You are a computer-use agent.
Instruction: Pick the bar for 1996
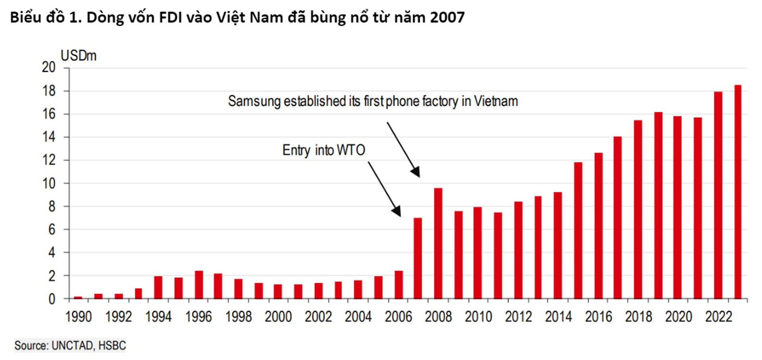[199, 285]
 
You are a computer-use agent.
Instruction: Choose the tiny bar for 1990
[78, 297]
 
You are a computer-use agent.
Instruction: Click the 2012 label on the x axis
[518, 317]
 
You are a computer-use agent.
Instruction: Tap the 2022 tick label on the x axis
[718, 317]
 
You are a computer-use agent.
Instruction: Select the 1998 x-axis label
[239, 317]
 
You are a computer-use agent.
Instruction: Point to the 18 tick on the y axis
[49, 91]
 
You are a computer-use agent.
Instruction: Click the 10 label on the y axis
[49, 183]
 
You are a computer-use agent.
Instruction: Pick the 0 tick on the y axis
[52, 299]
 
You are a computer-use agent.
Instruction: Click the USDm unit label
[79, 56]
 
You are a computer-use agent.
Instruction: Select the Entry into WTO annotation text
[323, 150]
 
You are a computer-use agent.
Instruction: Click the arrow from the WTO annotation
[384, 188]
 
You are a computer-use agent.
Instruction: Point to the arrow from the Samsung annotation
[403, 149]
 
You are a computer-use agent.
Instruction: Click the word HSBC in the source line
[112, 345]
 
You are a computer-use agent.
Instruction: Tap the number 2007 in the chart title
[447, 17]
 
